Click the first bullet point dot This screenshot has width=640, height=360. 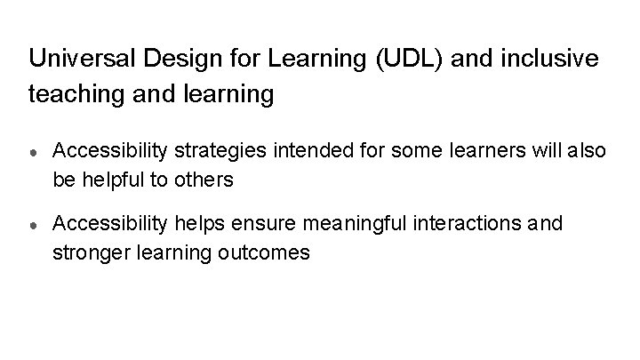coord(33,152)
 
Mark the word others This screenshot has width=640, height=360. coord(204,180)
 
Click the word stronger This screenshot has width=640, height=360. coord(90,252)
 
